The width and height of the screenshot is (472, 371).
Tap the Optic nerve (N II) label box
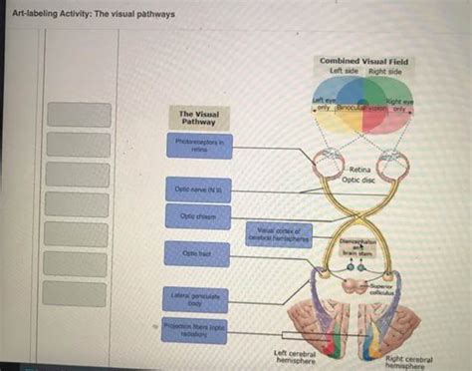pyautogui.click(x=199, y=187)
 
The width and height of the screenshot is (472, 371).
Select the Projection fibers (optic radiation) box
pyautogui.click(x=199, y=328)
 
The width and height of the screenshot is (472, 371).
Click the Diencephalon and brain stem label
pyautogui.click(x=357, y=247)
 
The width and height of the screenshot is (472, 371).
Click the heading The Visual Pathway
pyautogui.click(x=199, y=119)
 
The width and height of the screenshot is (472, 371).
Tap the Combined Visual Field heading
pyautogui.click(x=364, y=62)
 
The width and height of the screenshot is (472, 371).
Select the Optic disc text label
pyautogui.click(x=358, y=181)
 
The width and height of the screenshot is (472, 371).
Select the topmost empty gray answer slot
pyautogui.click(x=79, y=115)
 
